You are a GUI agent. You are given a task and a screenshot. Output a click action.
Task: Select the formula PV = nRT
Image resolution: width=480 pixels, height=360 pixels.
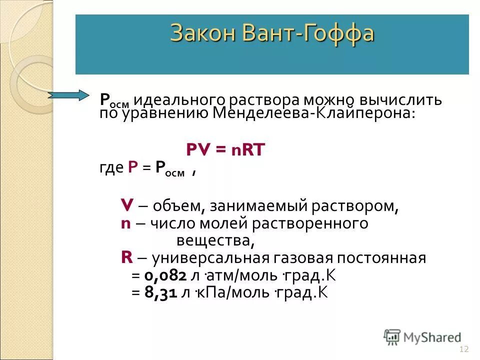(225, 149)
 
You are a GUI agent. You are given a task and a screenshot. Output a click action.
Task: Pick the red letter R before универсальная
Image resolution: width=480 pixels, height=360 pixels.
(126, 258)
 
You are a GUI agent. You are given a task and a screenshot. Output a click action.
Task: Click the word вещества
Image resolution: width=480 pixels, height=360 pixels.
(215, 241)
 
